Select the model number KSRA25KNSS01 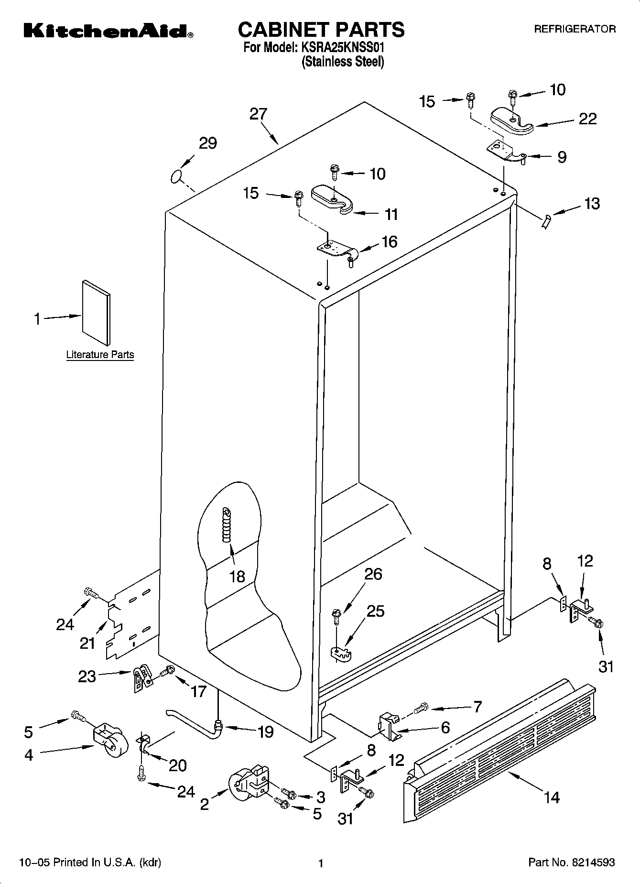coord(342,48)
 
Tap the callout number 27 coord(258,114)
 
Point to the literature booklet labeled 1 coord(96,312)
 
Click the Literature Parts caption coord(100,355)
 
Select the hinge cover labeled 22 coord(511,121)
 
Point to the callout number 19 coord(265,731)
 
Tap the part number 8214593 coord(591,863)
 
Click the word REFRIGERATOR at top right coord(575,29)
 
